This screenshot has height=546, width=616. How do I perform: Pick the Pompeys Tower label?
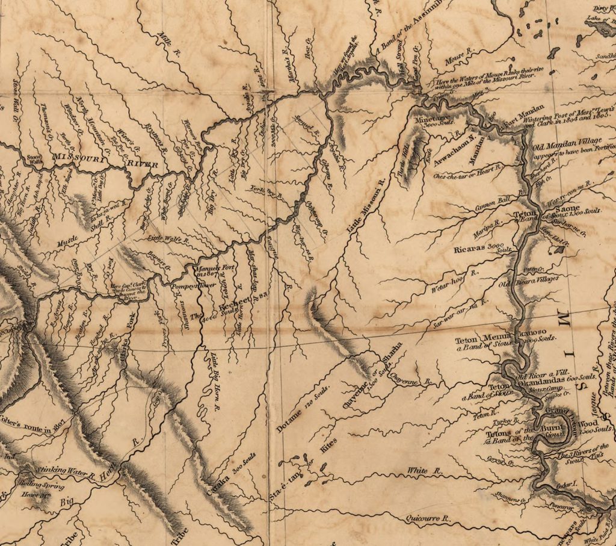click(x=186, y=282)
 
